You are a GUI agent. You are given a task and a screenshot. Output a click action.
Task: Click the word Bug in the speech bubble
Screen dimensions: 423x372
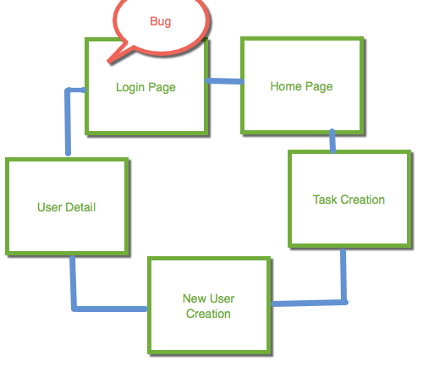point(161,22)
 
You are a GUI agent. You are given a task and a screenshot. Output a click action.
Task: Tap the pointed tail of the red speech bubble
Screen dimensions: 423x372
point(109,61)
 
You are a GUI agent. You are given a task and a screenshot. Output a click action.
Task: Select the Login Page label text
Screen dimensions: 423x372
point(146,87)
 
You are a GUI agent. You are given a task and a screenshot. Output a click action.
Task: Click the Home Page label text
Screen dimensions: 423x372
point(301,86)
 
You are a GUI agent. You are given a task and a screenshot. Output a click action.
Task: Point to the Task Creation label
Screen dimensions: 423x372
point(349,200)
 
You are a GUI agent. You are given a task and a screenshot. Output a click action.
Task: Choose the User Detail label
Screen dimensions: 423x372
point(67,207)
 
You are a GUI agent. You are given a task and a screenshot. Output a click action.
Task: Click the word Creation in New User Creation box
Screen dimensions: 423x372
point(208,314)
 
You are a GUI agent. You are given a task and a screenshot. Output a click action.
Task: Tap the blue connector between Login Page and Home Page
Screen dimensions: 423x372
point(225,81)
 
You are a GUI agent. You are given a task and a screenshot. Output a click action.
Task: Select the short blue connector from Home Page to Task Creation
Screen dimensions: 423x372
point(332,141)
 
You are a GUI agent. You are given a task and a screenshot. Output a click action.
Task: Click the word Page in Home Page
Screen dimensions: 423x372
point(319,87)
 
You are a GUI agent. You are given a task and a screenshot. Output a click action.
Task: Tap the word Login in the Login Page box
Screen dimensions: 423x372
point(130,87)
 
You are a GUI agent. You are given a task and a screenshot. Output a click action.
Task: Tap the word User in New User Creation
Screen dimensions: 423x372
point(222,298)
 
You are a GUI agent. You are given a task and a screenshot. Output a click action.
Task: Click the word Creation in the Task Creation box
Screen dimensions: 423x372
point(363,200)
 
